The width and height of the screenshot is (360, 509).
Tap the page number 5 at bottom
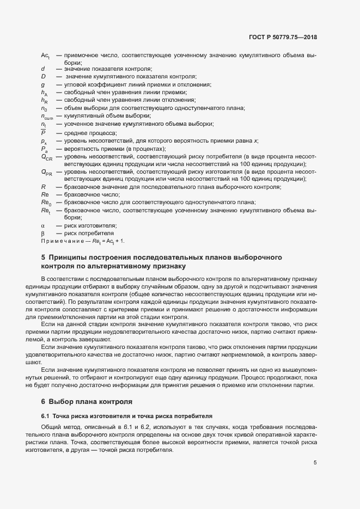[x=315, y=463]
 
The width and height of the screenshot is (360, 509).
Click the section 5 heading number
[x=44, y=257]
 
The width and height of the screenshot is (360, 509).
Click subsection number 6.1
[x=45, y=415]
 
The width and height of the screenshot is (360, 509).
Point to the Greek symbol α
[x=42, y=225]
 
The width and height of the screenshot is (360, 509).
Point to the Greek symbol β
[x=42, y=233]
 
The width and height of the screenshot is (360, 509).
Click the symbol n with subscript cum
[x=46, y=116]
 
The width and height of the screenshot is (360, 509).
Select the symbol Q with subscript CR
[x=46, y=157]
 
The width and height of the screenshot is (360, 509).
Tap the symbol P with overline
[x=43, y=132]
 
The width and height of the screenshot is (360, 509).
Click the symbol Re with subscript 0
[x=46, y=203]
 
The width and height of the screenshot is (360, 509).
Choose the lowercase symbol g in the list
[x=42, y=85]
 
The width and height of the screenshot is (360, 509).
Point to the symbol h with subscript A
[x=45, y=93]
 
